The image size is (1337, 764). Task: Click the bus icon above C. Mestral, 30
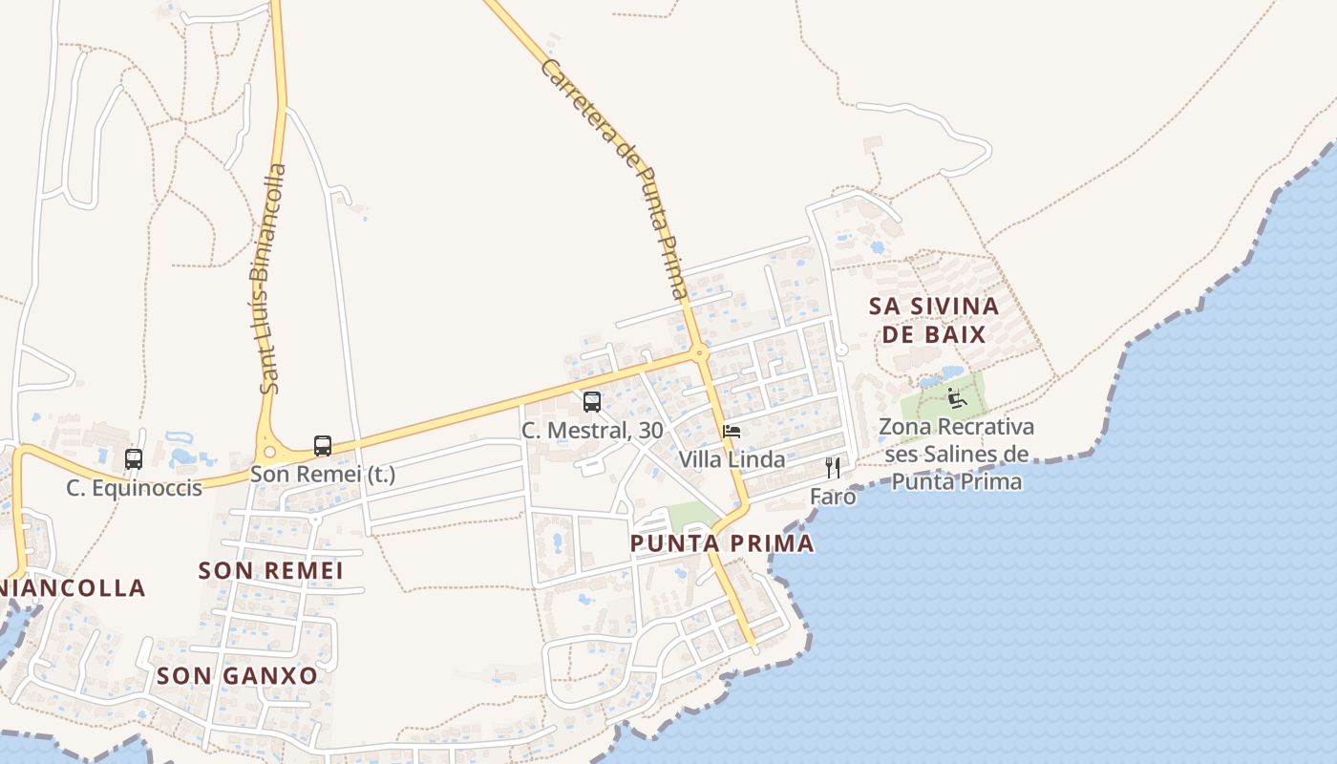click(592, 402)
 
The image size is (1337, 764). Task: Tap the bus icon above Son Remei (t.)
click(323, 446)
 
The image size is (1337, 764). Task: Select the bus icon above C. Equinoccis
click(134, 459)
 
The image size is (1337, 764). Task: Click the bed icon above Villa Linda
click(732, 432)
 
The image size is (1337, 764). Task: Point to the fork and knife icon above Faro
click(833, 468)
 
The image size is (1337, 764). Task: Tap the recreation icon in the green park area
click(957, 397)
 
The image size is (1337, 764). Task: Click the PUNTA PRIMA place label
click(722, 543)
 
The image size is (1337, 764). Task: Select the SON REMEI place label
click(270, 570)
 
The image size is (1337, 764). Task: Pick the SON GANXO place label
click(237, 675)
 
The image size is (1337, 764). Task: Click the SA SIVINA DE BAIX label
click(934, 320)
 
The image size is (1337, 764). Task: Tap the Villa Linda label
click(732, 459)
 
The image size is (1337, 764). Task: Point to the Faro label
click(833, 497)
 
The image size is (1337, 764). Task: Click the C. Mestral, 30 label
click(592, 431)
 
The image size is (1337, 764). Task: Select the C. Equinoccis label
click(134, 488)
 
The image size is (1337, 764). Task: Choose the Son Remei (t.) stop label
click(323, 474)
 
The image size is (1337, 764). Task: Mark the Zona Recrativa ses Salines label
click(956, 454)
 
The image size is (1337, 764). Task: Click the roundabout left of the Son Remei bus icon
click(268, 452)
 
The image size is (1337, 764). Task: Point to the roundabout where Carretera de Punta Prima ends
click(702, 352)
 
